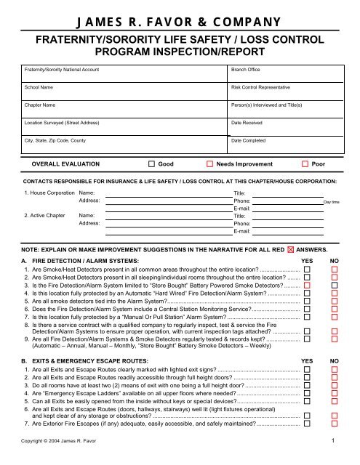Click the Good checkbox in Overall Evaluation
coord(151,165)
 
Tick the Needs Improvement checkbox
coord(209,165)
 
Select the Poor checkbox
coord(305,165)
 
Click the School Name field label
coord(40,87)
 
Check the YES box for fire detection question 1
coord(308,269)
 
